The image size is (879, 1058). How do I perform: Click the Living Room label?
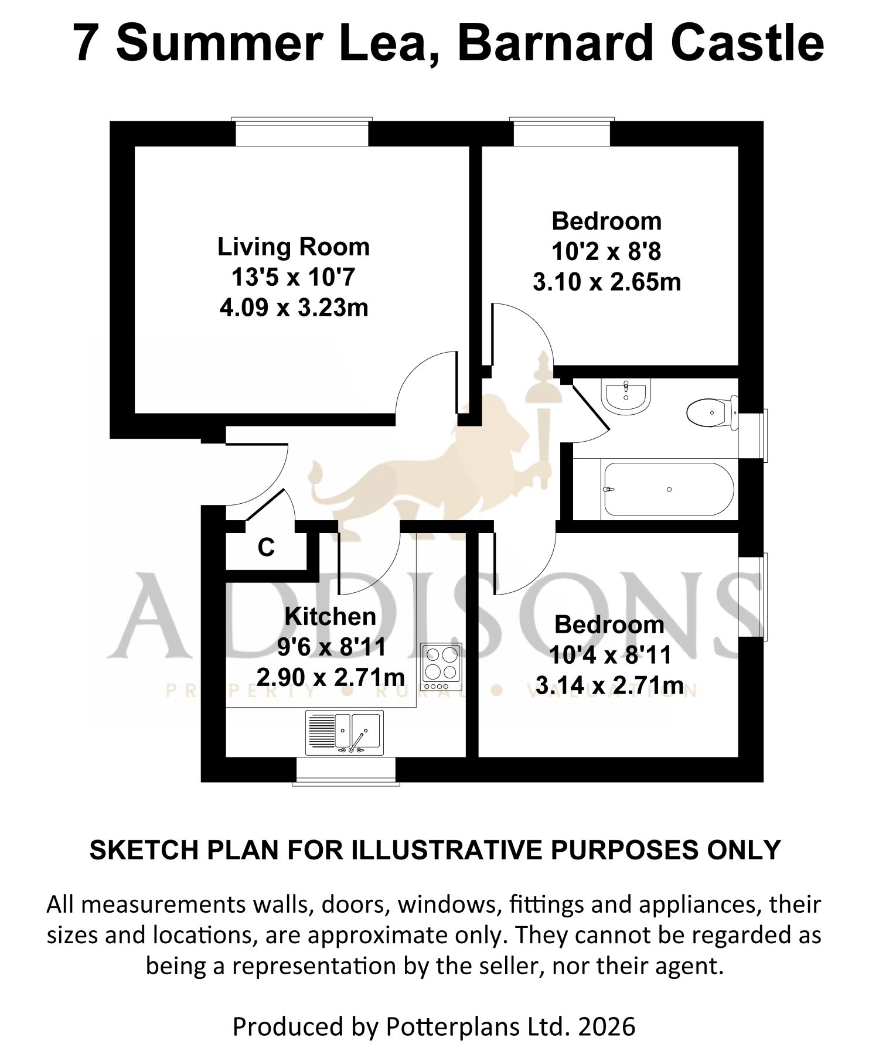tap(294, 247)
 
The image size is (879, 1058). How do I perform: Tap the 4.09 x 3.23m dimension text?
tap(294, 308)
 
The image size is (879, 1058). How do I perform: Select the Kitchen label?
tap(331, 616)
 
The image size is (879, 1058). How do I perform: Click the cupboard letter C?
tap(266, 548)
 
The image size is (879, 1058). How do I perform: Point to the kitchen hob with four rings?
tap(441, 667)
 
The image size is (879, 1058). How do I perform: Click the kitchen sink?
tap(345, 732)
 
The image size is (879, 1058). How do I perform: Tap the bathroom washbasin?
tap(626, 396)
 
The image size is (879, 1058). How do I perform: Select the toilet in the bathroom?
tap(712, 413)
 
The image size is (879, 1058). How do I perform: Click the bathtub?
tap(667, 489)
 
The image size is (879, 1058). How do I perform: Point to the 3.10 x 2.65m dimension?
tap(607, 282)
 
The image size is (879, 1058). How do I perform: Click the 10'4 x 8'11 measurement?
tap(610, 655)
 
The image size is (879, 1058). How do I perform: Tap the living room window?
tap(302, 132)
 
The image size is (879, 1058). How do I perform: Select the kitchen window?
tap(346, 770)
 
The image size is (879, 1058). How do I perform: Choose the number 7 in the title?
tap(86, 43)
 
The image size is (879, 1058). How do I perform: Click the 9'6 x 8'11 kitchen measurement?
tap(332, 647)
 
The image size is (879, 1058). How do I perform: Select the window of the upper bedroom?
tap(562, 132)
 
